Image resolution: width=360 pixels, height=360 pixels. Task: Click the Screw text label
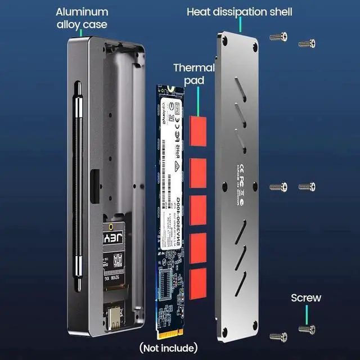coord(305,298)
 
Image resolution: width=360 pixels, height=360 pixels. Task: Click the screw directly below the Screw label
coord(307,329)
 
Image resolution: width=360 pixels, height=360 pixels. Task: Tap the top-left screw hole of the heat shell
coord(225,40)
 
